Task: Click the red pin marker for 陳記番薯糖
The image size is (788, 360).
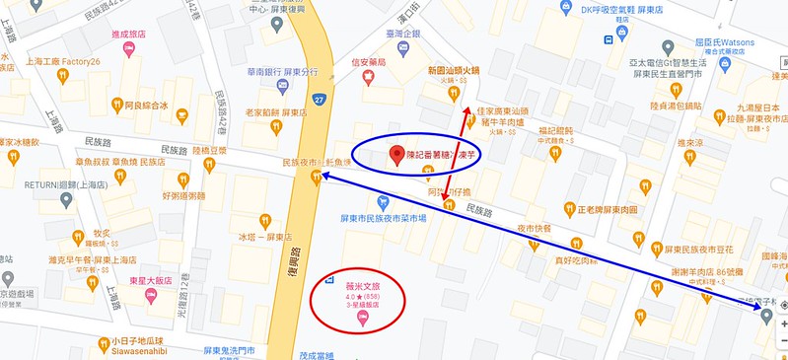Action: [397, 155]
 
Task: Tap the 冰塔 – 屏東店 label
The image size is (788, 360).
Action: [266, 237]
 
